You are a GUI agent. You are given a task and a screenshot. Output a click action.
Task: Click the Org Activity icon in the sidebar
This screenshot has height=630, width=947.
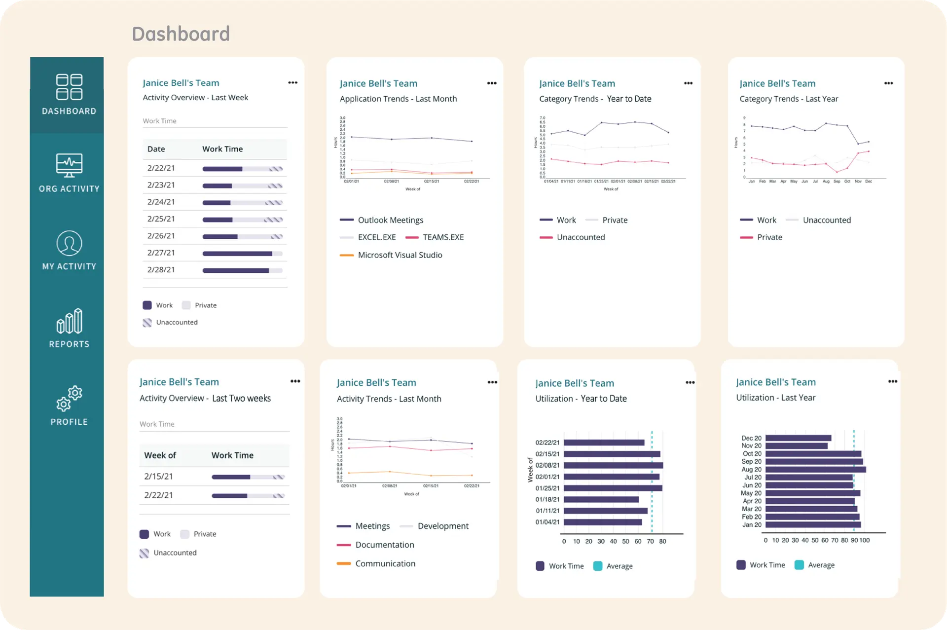69,165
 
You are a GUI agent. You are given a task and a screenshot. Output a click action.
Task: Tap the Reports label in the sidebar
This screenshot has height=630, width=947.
69,344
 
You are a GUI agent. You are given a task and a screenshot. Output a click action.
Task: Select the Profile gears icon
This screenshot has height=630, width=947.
69,399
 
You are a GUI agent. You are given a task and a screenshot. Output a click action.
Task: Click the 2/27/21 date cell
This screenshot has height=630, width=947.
161,253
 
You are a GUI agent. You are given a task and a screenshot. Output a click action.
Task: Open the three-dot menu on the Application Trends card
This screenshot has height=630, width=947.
492,83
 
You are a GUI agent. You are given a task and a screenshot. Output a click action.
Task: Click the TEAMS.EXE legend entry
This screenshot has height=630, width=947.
442,237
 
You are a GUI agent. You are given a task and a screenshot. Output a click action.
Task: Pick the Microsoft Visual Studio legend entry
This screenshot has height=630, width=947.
400,255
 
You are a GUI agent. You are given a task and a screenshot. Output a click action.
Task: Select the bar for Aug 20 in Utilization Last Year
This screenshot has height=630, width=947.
815,470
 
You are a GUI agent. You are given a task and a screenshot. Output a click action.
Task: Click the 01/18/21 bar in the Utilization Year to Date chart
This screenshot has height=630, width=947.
601,500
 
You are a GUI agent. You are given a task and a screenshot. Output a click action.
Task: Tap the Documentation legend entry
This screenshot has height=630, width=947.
384,545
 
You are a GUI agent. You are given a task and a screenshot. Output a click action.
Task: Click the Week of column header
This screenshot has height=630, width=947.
160,455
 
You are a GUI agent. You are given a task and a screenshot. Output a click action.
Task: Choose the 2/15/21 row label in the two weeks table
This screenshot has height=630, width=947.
158,477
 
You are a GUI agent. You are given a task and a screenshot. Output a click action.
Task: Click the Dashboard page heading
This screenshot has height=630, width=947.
181,34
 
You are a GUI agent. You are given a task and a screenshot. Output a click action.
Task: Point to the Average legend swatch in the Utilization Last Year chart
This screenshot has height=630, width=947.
799,565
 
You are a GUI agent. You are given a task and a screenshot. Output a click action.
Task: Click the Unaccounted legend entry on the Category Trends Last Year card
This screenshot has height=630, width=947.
826,220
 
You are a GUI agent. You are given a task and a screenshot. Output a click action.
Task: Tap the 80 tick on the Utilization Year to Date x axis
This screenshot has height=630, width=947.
662,542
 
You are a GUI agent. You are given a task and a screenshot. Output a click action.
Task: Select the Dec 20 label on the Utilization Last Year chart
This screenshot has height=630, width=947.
751,438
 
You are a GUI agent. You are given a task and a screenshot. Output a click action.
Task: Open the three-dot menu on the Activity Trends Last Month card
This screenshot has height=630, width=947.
492,382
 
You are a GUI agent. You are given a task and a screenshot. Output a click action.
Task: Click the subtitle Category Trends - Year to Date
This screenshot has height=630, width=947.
595,99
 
